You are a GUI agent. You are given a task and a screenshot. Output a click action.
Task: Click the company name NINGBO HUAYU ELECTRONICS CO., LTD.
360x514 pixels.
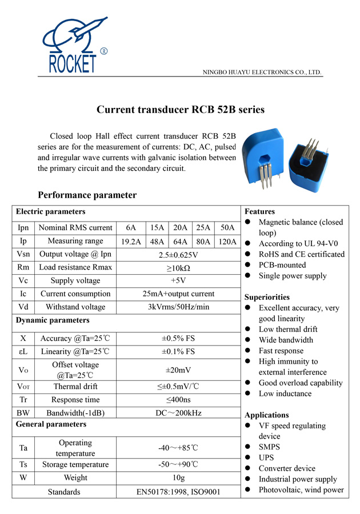click(263, 73)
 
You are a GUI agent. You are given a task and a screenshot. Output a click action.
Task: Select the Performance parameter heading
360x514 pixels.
click(87, 195)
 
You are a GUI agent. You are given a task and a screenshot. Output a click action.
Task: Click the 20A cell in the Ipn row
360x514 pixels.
click(181, 227)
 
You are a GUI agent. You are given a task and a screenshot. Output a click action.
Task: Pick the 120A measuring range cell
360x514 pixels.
click(227, 241)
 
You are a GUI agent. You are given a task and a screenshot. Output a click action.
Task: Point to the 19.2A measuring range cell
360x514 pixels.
click(131, 241)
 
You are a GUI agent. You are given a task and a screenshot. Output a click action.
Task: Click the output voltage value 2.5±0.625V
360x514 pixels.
click(178, 254)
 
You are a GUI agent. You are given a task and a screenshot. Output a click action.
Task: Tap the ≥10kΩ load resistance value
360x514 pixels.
click(178, 267)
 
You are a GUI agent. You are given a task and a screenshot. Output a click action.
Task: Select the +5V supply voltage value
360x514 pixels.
click(178, 280)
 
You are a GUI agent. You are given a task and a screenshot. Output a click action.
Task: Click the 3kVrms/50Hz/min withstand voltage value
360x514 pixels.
click(178, 307)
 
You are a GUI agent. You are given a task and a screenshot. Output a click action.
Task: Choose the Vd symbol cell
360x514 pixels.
click(23, 307)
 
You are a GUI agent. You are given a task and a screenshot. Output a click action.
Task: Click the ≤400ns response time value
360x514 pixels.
click(178, 400)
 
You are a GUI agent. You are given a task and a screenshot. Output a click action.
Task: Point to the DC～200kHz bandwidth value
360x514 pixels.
click(178, 413)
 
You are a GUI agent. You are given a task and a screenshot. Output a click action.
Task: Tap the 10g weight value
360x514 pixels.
click(178, 477)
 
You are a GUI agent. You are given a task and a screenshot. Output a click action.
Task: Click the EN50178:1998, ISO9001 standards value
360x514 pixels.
click(178, 492)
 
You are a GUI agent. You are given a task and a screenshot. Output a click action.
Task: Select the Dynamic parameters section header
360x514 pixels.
click(53, 320)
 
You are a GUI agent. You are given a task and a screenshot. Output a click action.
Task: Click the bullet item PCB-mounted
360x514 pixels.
click(282, 265)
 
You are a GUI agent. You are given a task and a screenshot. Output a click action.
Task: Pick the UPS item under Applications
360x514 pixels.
click(266, 457)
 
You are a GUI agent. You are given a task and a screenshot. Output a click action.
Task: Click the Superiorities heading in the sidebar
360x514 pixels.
click(267, 297)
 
